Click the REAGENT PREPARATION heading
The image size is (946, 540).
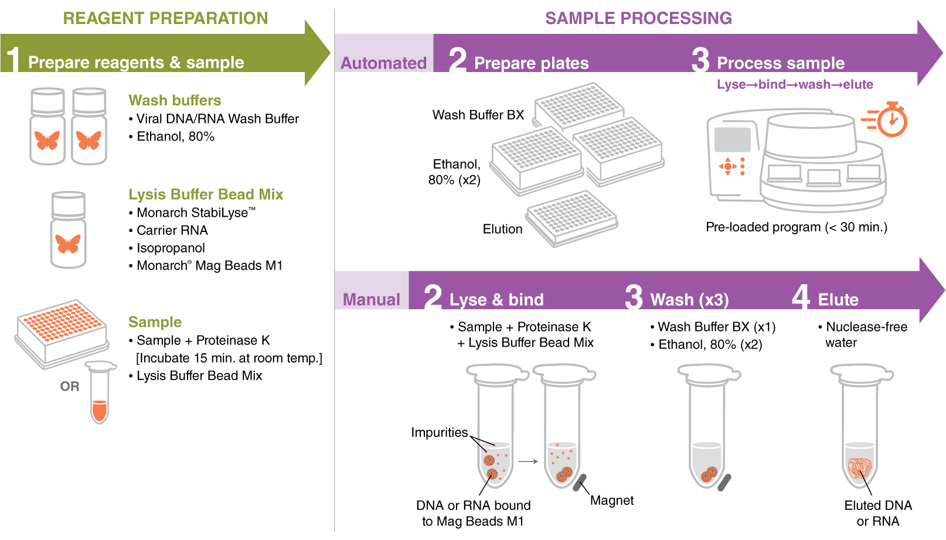click(165, 18)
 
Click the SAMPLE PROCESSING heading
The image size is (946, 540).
click(638, 18)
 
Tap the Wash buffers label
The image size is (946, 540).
click(175, 100)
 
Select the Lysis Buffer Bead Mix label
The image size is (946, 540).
click(206, 194)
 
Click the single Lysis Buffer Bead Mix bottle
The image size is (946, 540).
click(68, 230)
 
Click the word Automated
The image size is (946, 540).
click(383, 63)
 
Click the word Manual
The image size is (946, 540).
click(371, 299)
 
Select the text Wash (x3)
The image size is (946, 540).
click(689, 300)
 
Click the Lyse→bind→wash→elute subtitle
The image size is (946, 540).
click(795, 84)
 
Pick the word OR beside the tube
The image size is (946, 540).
click(70, 387)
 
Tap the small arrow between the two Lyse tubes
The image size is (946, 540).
click(528, 462)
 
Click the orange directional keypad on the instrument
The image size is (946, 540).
click(728, 166)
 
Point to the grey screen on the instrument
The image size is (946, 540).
click(733, 139)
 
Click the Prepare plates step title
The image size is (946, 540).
click(531, 63)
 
